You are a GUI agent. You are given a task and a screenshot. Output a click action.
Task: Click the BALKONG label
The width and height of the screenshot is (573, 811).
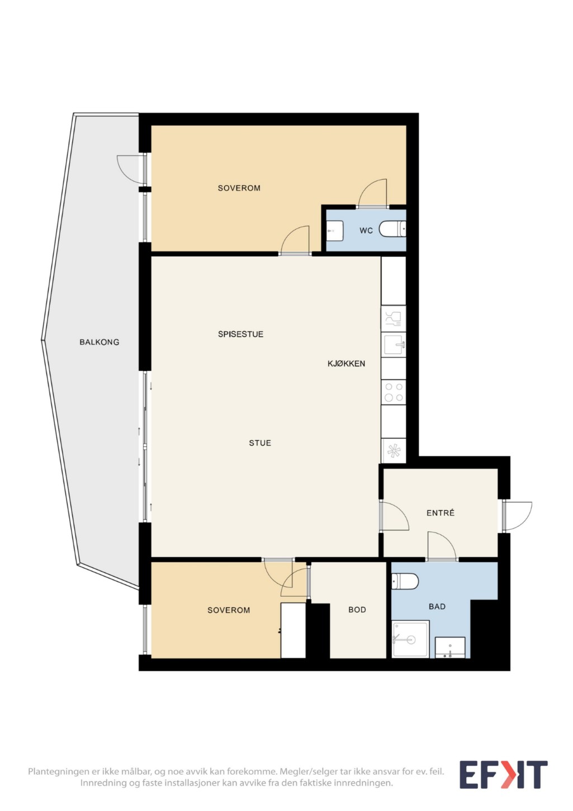[99, 342]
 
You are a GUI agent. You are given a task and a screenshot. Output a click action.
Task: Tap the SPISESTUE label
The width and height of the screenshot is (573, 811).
[240, 334]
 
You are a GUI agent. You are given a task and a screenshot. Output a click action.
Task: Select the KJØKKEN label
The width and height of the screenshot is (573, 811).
[346, 364]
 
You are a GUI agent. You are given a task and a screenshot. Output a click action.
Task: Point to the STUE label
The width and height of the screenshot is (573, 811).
[260, 443]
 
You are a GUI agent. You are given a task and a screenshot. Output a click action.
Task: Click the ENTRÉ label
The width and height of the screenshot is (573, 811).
[440, 512]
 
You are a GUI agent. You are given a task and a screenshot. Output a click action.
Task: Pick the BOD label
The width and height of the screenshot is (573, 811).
[357, 610]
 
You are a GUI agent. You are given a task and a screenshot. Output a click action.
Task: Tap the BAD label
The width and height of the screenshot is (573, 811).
[437, 606]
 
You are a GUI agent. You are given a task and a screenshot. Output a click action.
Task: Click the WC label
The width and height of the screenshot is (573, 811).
[366, 230]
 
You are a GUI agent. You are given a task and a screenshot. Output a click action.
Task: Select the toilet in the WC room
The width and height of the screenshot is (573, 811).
[392, 229]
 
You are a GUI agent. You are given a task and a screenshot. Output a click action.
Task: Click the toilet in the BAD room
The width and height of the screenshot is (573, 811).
[405, 581]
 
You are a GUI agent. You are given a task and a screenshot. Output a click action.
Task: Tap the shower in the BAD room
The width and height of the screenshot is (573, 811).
[410, 639]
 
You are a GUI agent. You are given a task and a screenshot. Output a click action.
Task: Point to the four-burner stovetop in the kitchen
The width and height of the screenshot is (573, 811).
[394, 392]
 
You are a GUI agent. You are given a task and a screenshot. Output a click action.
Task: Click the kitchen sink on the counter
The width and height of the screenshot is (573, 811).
[394, 345]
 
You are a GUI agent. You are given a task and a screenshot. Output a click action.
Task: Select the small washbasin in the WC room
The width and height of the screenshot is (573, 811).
[334, 230]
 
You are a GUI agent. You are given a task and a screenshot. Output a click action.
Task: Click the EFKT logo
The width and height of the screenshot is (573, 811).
[503, 775]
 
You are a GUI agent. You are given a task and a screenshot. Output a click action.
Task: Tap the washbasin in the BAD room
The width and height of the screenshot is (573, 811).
[449, 647]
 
